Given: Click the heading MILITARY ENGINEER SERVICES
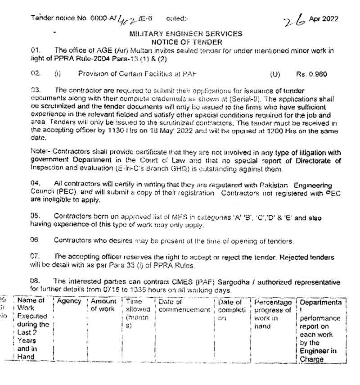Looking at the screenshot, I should click(185, 34).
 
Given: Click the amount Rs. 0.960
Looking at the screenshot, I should click(311, 74).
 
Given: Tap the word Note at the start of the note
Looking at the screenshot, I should click(38, 153).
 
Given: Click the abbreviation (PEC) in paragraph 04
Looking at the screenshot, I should click(63, 193).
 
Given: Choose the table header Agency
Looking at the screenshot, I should click(69, 301).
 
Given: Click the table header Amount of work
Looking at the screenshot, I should click(103, 305).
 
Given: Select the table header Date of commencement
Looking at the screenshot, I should click(184, 306).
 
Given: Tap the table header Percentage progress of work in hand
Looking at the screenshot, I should click(273, 314).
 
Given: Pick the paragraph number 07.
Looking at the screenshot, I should click(36, 256).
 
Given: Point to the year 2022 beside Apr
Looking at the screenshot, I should click(330, 19).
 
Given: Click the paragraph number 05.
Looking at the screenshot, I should click(36, 217).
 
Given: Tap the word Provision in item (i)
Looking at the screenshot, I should click(93, 74).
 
